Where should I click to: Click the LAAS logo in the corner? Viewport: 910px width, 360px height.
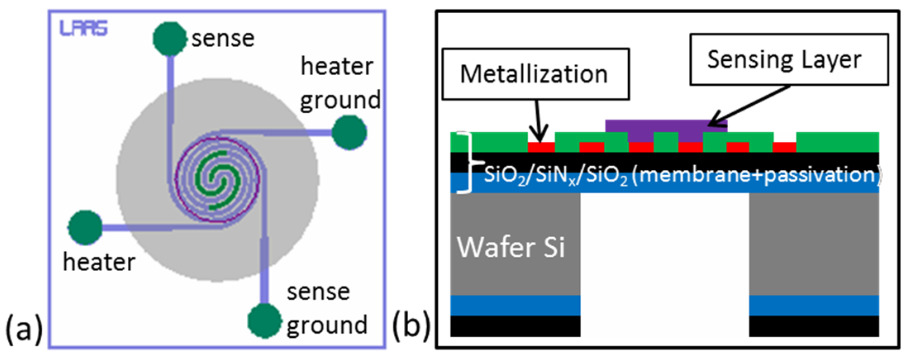coord(83,28)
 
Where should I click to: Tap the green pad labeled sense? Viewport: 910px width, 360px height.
coord(169,39)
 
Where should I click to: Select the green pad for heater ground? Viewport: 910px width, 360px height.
coord(349,132)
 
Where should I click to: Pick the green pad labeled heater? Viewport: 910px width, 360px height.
coord(85,227)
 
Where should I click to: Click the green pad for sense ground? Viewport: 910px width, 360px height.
coord(264,321)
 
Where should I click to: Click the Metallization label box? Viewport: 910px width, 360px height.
coord(535,74)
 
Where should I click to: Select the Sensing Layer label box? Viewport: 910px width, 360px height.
coord(789,60)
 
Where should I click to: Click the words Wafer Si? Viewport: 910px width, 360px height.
coord(511,247)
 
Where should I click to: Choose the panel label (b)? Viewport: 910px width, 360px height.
coord(411,327)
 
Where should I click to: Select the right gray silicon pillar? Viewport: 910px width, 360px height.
coord(813,244)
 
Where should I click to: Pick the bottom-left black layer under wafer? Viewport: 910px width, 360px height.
coord(515,326)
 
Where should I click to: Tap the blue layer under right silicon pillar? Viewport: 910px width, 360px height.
coord(813,305)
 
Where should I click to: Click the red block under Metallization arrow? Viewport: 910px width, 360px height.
coord(541,147)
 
